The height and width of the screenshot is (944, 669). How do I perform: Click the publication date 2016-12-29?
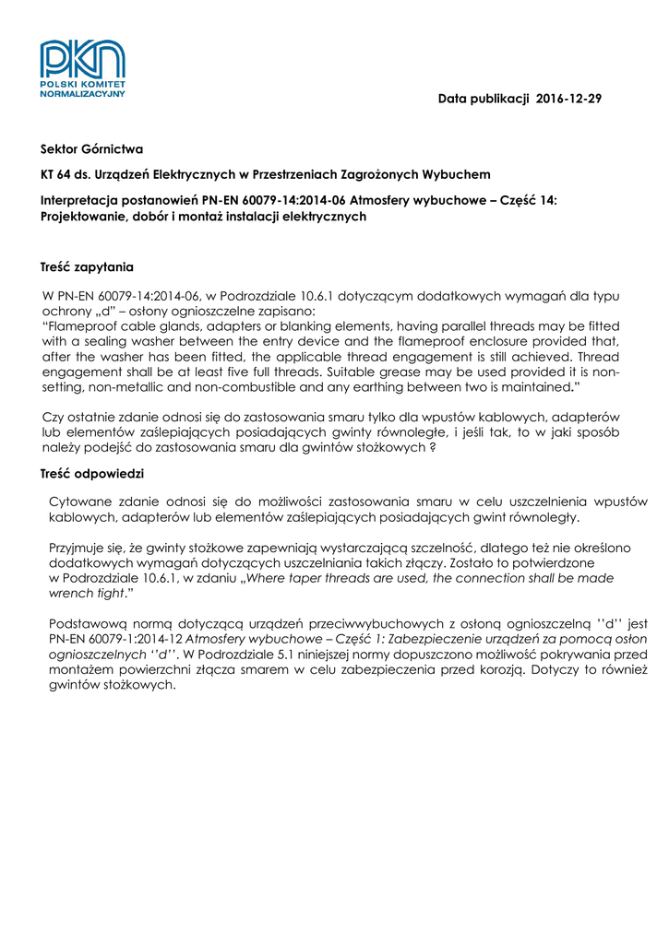568,99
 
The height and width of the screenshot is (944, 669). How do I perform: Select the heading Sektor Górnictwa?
91,148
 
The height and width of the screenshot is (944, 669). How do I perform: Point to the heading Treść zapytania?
88,267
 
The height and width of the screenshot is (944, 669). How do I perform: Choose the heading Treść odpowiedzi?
91,474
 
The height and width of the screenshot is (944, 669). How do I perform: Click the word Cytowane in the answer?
81,501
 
